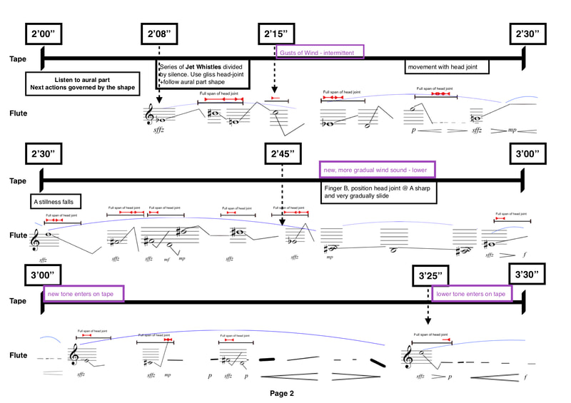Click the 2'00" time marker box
click(x=46, y=35)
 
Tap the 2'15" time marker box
click(x=276, y=35)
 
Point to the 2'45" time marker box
click(x=283, y=154)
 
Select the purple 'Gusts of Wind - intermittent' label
click(x=320, y=51)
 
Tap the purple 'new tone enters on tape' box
click(x=84, y=293)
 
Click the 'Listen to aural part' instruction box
click(x=82, y=83)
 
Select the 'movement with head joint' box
click(x=448, y=68)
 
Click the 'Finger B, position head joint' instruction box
click(x=380, y=190)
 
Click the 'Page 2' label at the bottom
click(x=281, y=393)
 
